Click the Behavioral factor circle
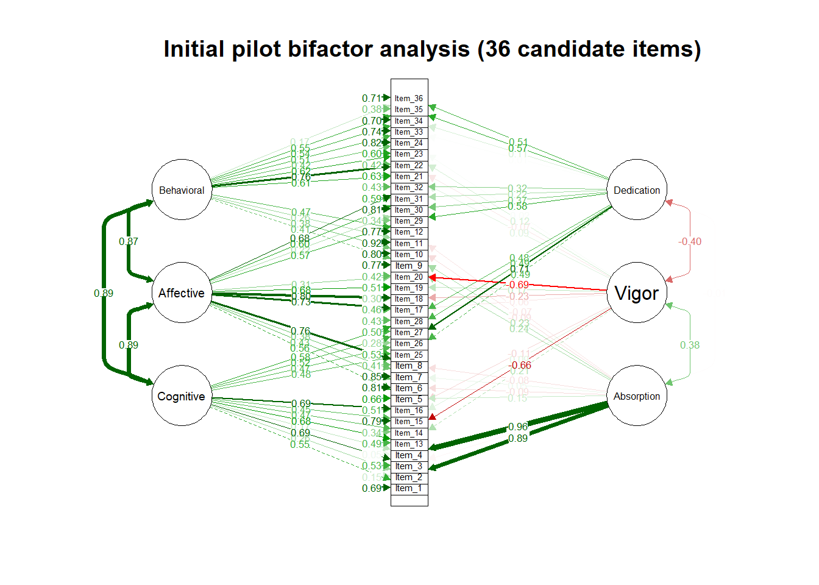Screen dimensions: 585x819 coord(182,190)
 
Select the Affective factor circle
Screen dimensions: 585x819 coord(182,293)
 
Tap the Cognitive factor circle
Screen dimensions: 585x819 coord(182,396)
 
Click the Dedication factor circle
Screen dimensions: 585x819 coord(637,190)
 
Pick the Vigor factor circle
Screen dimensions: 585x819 coord(637,293)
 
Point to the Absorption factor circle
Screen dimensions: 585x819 coord(637,396)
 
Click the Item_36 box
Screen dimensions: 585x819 coord(409,98)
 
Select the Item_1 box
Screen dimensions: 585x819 coord(409,488)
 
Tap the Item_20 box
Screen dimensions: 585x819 coord(409,277)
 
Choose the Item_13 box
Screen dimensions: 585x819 coord(409,444)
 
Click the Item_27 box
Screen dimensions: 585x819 coord(409,332)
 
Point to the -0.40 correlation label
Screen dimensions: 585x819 coord(690,241)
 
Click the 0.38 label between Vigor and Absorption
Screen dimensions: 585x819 coord(690,345)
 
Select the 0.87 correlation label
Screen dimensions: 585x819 coord(129,241)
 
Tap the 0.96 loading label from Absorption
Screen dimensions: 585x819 coord(518,427)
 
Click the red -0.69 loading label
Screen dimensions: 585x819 coord(518,285)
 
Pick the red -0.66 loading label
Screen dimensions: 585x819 coord(520,365)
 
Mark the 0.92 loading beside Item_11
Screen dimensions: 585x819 coord(371,243)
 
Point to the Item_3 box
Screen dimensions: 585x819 coord(409,466)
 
